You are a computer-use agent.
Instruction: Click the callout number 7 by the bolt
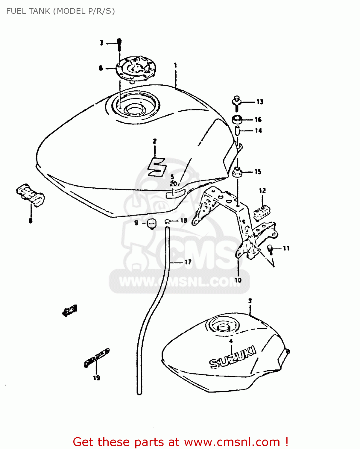(101, 43)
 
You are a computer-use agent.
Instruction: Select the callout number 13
(260, 102)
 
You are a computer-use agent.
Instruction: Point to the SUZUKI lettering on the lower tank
(233, 357)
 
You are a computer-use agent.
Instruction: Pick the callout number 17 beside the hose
(188, 262)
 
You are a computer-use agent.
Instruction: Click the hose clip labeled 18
(168, 221)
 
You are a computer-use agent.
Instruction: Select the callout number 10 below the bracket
(238, 280)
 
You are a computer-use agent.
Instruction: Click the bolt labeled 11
(270, 248)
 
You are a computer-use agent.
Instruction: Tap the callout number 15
(258, 172)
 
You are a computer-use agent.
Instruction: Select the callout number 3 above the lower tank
(250, 301)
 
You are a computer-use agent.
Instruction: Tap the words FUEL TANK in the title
(28, 11)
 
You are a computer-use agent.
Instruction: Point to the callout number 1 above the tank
(175, 65)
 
